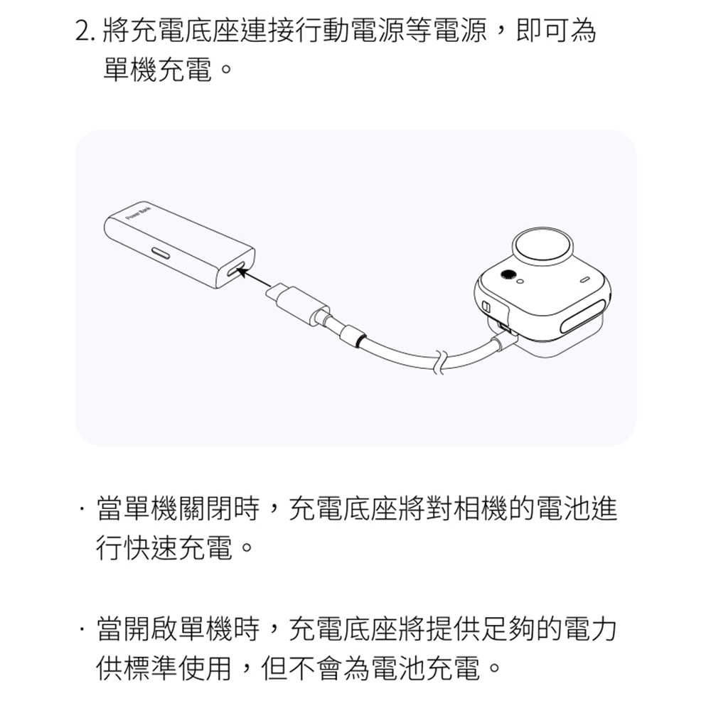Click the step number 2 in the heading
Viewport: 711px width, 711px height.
pos(82,31)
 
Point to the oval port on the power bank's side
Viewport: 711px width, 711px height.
pos(161,253)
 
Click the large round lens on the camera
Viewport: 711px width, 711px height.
pos(542,248)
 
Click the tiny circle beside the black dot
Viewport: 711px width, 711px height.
pos(520,282)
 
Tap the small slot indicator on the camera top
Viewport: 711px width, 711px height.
pos(585,279)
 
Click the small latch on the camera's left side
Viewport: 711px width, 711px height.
pos(486,307)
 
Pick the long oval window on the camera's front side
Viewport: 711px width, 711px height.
pos(584,316)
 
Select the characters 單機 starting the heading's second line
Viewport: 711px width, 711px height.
pos(131,70)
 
